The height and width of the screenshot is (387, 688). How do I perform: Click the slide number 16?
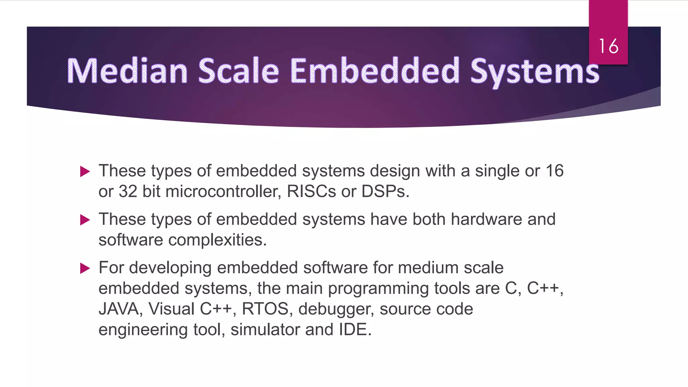tap(608, 46)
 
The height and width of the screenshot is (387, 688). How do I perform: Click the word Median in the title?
tap(127, 71)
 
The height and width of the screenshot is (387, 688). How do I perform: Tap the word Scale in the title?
tap(239, 71)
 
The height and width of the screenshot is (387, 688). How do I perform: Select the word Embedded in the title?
tap(374, 71)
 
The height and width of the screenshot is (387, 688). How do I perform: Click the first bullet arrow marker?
tap(85, 172)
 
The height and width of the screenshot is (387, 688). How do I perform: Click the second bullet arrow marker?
tap(85, 220)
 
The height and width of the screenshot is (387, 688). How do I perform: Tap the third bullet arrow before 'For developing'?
tap(85, 268)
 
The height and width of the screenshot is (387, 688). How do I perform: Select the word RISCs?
tap(311, 191)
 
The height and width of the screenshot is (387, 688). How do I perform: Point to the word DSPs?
tap(385, 191)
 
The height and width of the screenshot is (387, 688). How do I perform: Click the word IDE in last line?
tap(355, 330)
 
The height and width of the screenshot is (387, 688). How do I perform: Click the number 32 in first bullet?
tap(128, 191)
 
